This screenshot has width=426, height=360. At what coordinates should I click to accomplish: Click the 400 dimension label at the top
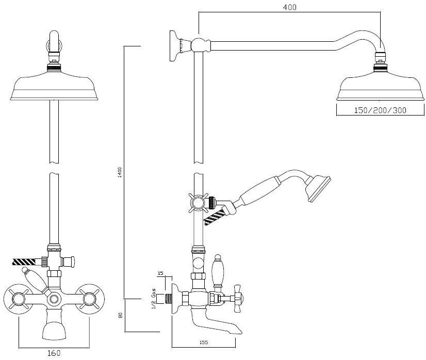(289, 7)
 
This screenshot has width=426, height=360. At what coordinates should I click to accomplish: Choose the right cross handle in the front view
(90, 299)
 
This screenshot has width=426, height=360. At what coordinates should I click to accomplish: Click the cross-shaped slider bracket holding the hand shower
(199, 203)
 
